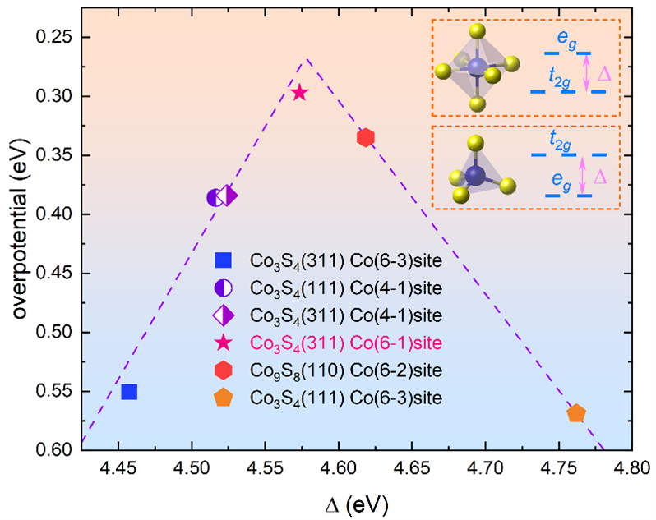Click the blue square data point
(x=129, y=392)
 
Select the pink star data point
(x=299, y=93)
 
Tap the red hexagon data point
(x=366, y=137)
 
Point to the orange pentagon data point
(x=576, y=413)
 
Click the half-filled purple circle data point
(x=214, y=197)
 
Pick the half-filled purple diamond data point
(x=228, y=196)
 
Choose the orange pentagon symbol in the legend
(x=222, y=398)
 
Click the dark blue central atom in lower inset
(x=474, y=175)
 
